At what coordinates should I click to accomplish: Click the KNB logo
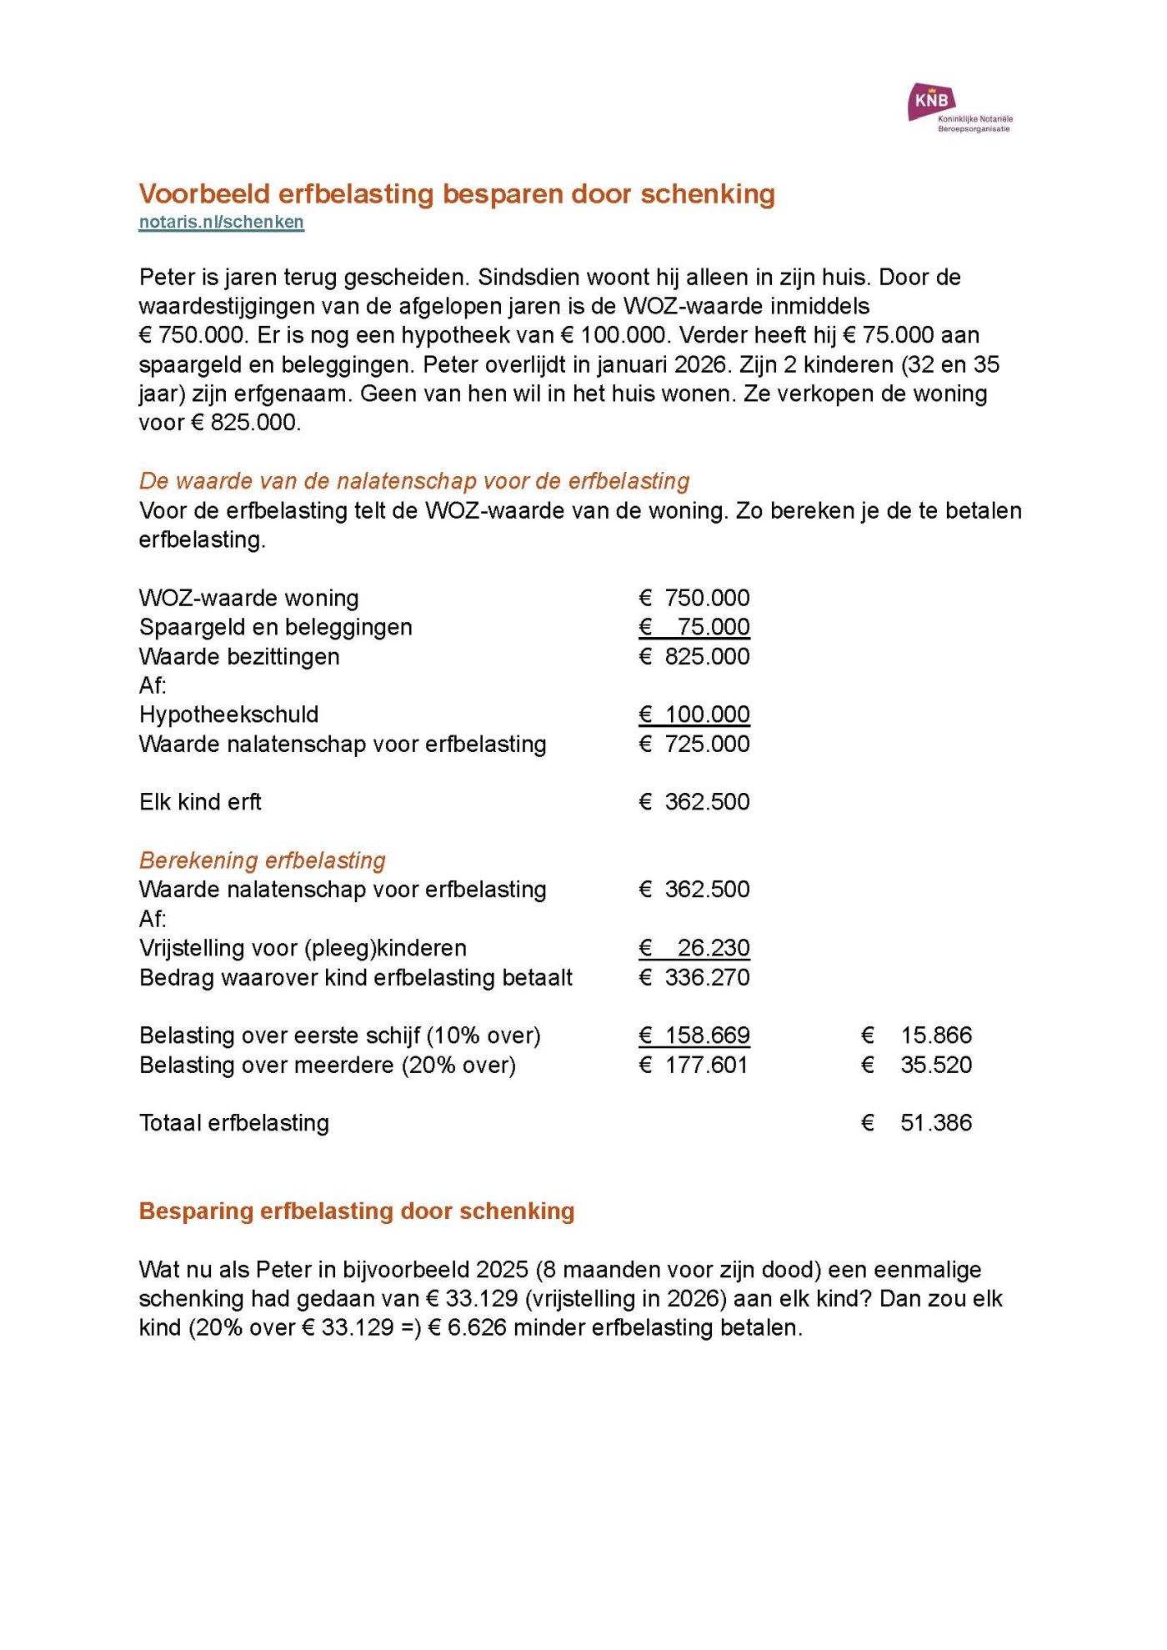pos(959,108)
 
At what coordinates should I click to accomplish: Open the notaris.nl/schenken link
pos(221,222)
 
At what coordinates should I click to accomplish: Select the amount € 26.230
pos(694,948)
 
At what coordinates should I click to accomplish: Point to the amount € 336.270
pos(694,977)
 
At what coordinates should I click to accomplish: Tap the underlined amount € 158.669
pos(694,1036)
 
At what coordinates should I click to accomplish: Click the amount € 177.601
pos(694,1065)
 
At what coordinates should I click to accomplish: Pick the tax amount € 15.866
pos(917,1036)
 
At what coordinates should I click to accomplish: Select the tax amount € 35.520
pos(917,1065)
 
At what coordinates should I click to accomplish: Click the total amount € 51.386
pos(917,1123)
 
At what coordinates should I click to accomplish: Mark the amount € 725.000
pos(694,744)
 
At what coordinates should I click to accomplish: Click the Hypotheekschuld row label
pos(228,715)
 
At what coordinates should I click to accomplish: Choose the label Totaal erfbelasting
pos(234,1123)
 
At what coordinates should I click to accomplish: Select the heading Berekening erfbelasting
pos(263,860)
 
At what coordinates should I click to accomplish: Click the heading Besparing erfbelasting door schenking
pos(357,1211)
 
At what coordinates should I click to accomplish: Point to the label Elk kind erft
pos(200,802)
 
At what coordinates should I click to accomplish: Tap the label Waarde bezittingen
pos(239,656)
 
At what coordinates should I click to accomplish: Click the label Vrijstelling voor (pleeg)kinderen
pos(303,948)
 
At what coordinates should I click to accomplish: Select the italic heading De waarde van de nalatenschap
pos(414,481)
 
